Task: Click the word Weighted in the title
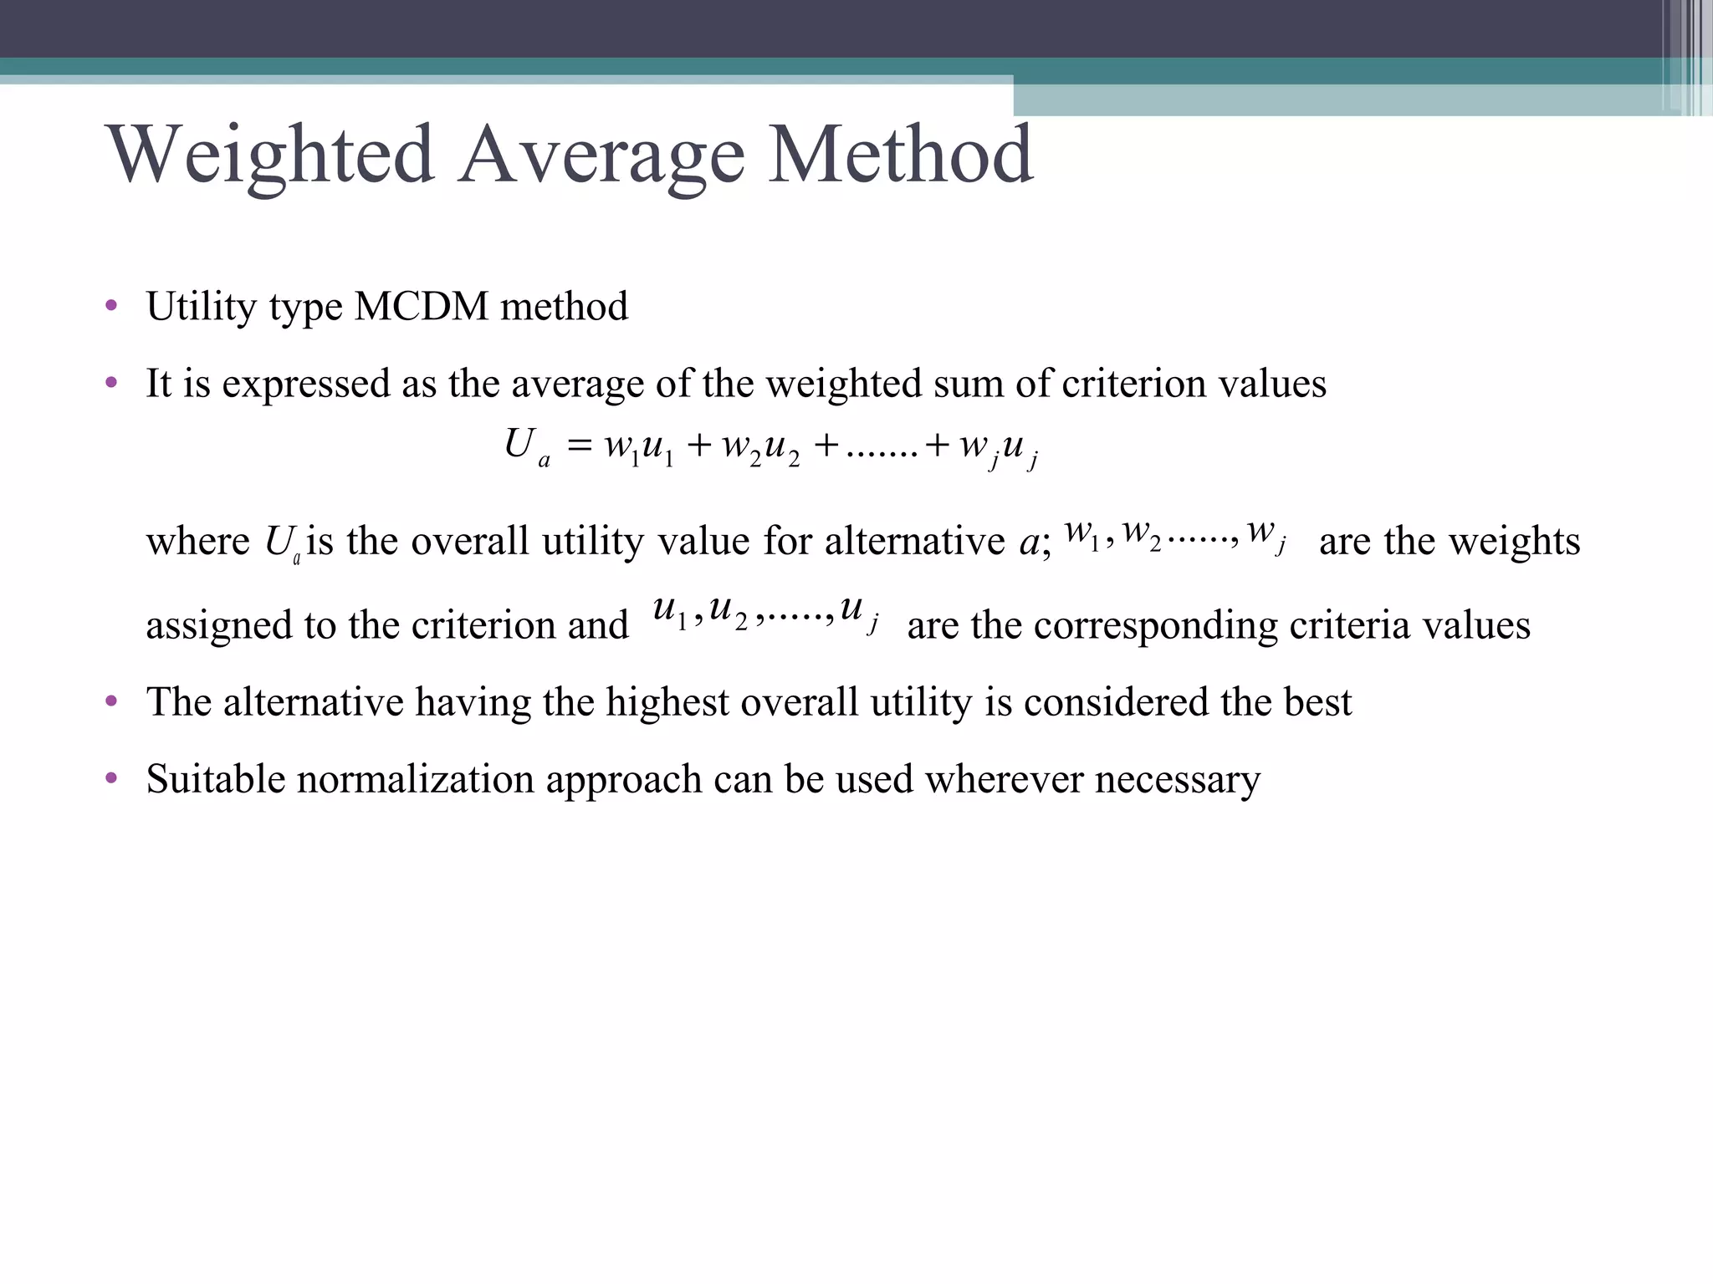(x=270, y=156)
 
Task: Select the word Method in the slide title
(x=901, y=155)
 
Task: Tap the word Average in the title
(x=601, y=156)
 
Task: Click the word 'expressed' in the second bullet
(x=306, y=385)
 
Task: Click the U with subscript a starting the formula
(x=526, y=446)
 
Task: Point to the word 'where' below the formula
(x=197, y=542)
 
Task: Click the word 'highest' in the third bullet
(x=667, y=702)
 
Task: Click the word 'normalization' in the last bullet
(x=415, y=780)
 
